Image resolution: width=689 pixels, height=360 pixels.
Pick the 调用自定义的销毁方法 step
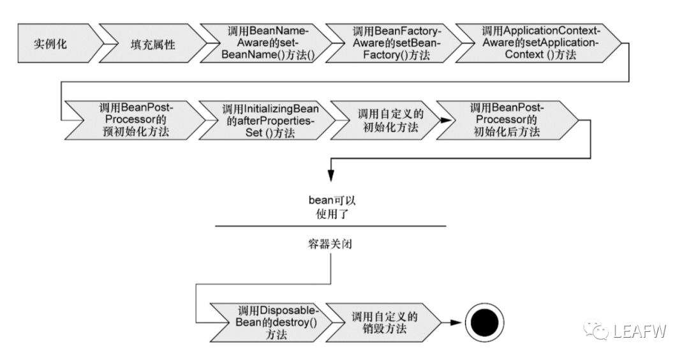pyautogui.click(x=383, y=322)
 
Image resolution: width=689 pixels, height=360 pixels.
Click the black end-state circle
pyautogui.click(x=484, y=322)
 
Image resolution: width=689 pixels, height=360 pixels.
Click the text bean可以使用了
pyautogui.click(x=332, y=207)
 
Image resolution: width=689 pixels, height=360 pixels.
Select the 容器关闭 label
pyautogui.click(x=330, y=244)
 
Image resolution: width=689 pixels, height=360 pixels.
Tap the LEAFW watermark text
pyautogui.click(x=640, y=331)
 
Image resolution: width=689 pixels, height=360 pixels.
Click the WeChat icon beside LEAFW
pyautogui.click(x=596, y=330)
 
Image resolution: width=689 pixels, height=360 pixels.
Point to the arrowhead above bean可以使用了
pyautogui.click(x=331, y=176)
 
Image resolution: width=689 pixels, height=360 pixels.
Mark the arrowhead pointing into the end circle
pyautogui.click(x=456, y=322)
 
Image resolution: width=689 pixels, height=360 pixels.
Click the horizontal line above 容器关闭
pyautogui.click(x=330, y=226)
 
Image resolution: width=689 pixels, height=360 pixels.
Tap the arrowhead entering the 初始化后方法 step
pyautogui.click(x=445, y=120)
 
